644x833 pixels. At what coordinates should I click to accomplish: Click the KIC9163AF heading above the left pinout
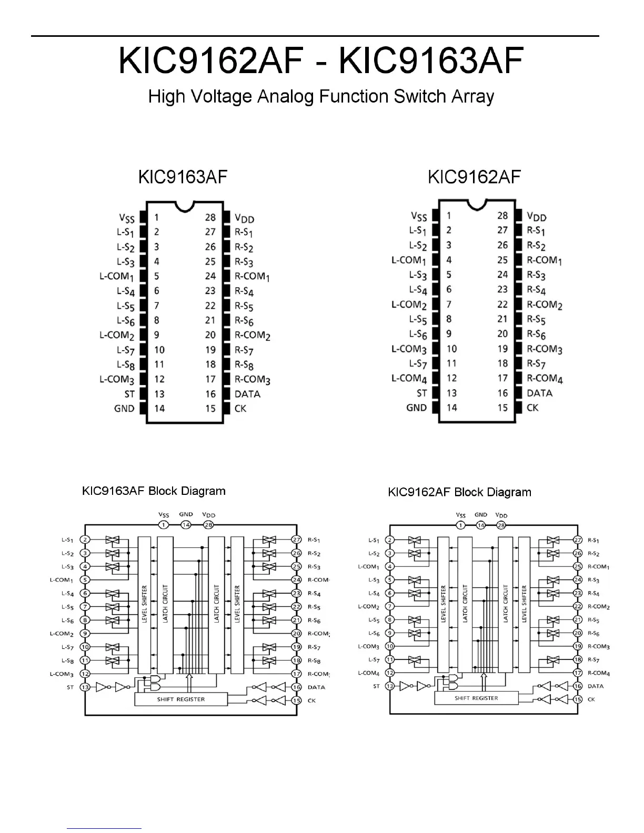point(183,177)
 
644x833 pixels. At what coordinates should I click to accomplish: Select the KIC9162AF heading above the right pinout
point(474,177)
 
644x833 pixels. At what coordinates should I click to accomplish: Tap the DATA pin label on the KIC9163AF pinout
point(247,394)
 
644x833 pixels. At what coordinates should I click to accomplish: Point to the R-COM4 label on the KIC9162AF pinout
point(545,379)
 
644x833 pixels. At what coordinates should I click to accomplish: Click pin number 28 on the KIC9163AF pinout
point(210,217)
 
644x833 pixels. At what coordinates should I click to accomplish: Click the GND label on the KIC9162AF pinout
point(416,408)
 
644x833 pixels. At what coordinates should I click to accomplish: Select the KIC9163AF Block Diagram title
point(154,491)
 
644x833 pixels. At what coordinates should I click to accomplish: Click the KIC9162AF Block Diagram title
point(459,492)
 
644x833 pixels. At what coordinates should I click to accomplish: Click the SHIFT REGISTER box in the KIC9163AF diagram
point(181,699)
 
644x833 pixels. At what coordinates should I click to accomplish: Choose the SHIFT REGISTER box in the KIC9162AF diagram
point(476,698)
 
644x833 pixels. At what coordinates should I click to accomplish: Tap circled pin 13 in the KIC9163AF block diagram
point(85,687)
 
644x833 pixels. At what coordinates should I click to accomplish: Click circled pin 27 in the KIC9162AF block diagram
point(578,540)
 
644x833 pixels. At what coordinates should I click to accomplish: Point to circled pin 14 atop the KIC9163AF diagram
point(186,525)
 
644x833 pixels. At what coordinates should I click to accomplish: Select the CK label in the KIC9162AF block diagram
point(591,699)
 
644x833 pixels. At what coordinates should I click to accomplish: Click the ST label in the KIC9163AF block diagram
point(70,687)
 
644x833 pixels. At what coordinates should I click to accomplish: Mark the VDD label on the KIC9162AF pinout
point(537,217)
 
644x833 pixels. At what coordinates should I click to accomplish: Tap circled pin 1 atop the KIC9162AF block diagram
point(461,525)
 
